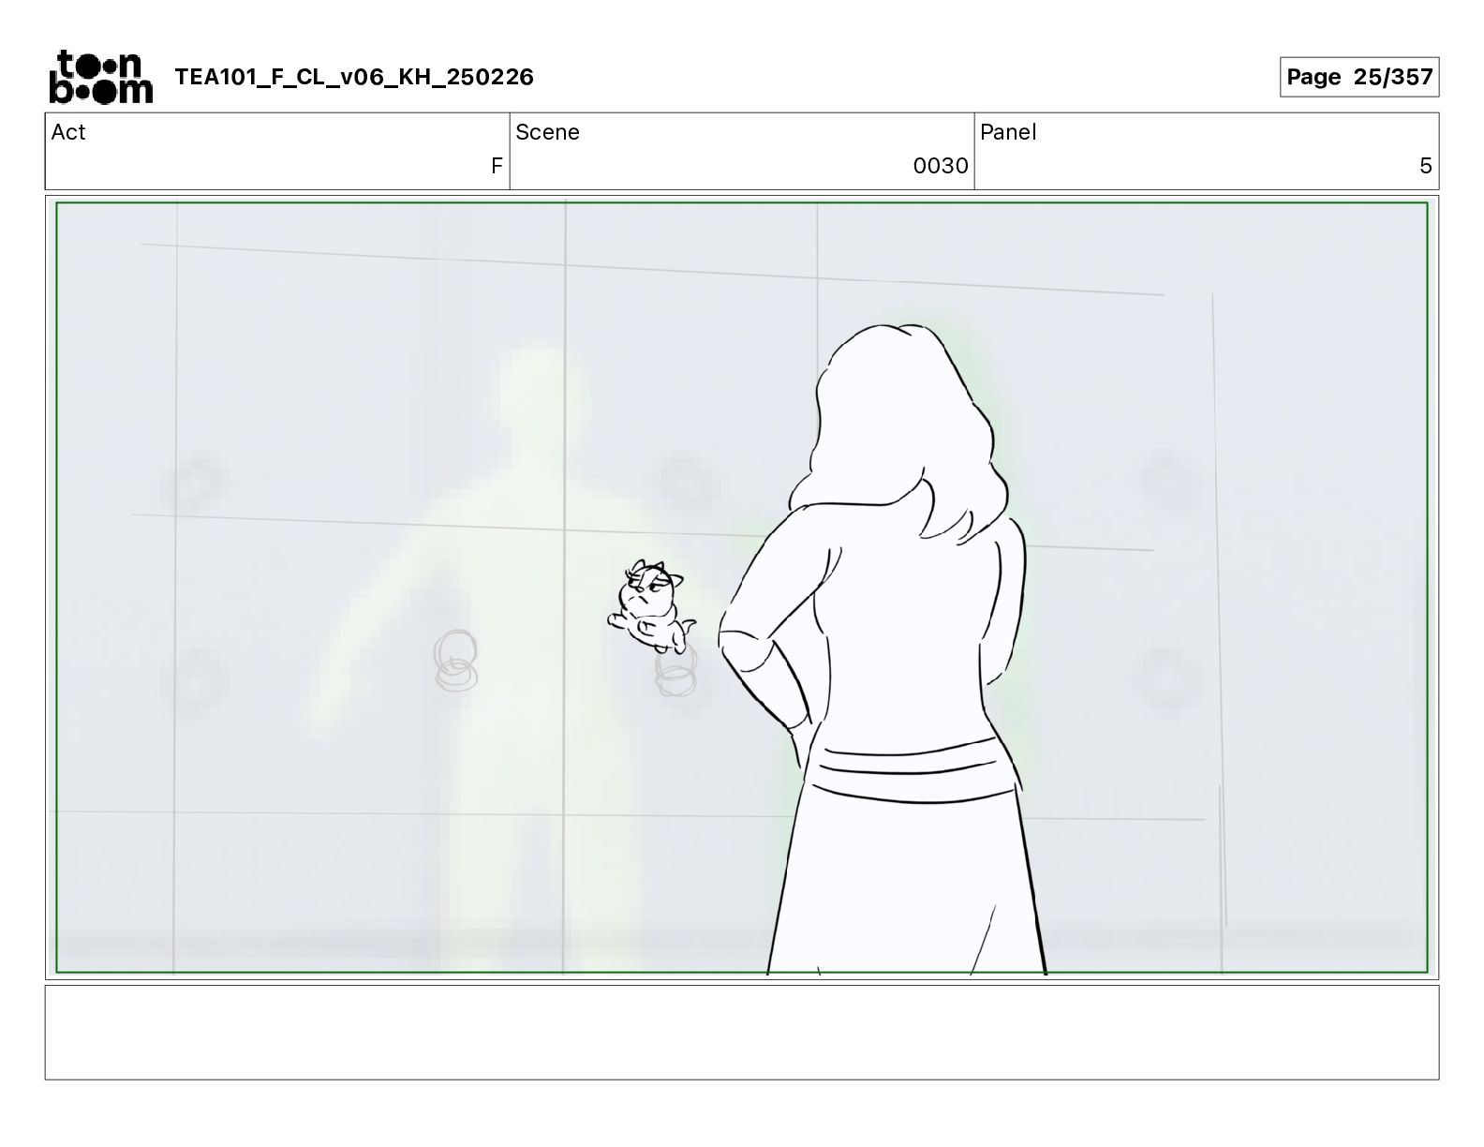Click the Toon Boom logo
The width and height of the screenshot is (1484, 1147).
[x=101, y=77]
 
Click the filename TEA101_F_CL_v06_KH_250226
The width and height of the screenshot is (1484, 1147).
[x=354, y=77]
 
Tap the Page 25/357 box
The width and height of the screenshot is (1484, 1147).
[x=1358, y=77]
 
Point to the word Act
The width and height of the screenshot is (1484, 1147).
[x=68, y=132]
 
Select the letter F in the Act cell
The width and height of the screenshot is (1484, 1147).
[x=497, y=165]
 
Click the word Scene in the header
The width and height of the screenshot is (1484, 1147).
[x=547, y=132]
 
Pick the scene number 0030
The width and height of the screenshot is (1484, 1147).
[x=940, y=165]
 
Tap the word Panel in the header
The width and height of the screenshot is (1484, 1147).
[x=1008, y=132]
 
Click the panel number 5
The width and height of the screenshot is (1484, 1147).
[x=1425, y=165]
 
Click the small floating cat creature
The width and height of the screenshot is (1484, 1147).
[x=651, y=606]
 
